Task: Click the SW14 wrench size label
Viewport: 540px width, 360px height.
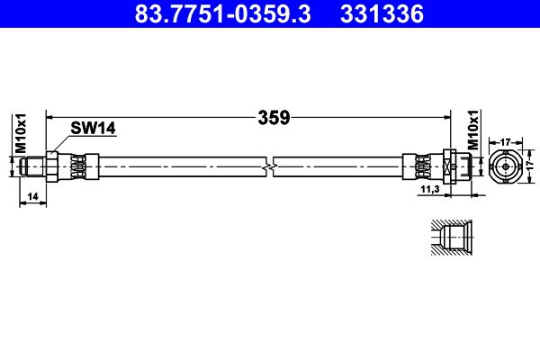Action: (94, 130)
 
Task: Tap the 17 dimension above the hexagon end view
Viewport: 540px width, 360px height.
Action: (506, 140)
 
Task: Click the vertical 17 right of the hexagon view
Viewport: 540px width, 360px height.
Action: (530, 166)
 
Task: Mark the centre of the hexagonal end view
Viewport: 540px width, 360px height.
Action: (506, 166)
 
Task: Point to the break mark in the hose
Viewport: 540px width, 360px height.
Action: (268, 166)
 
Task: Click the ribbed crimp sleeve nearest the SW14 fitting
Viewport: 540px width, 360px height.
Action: (78, 166)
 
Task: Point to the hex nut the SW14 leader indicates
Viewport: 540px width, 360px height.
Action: (52, 166)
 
